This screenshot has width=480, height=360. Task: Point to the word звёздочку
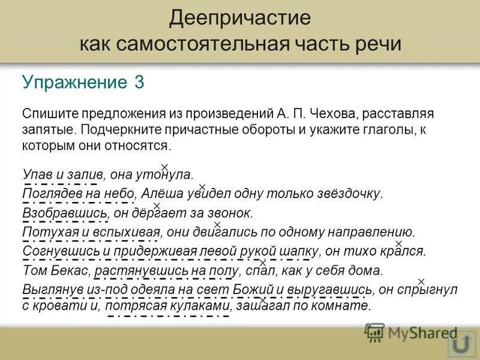[350, 194]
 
